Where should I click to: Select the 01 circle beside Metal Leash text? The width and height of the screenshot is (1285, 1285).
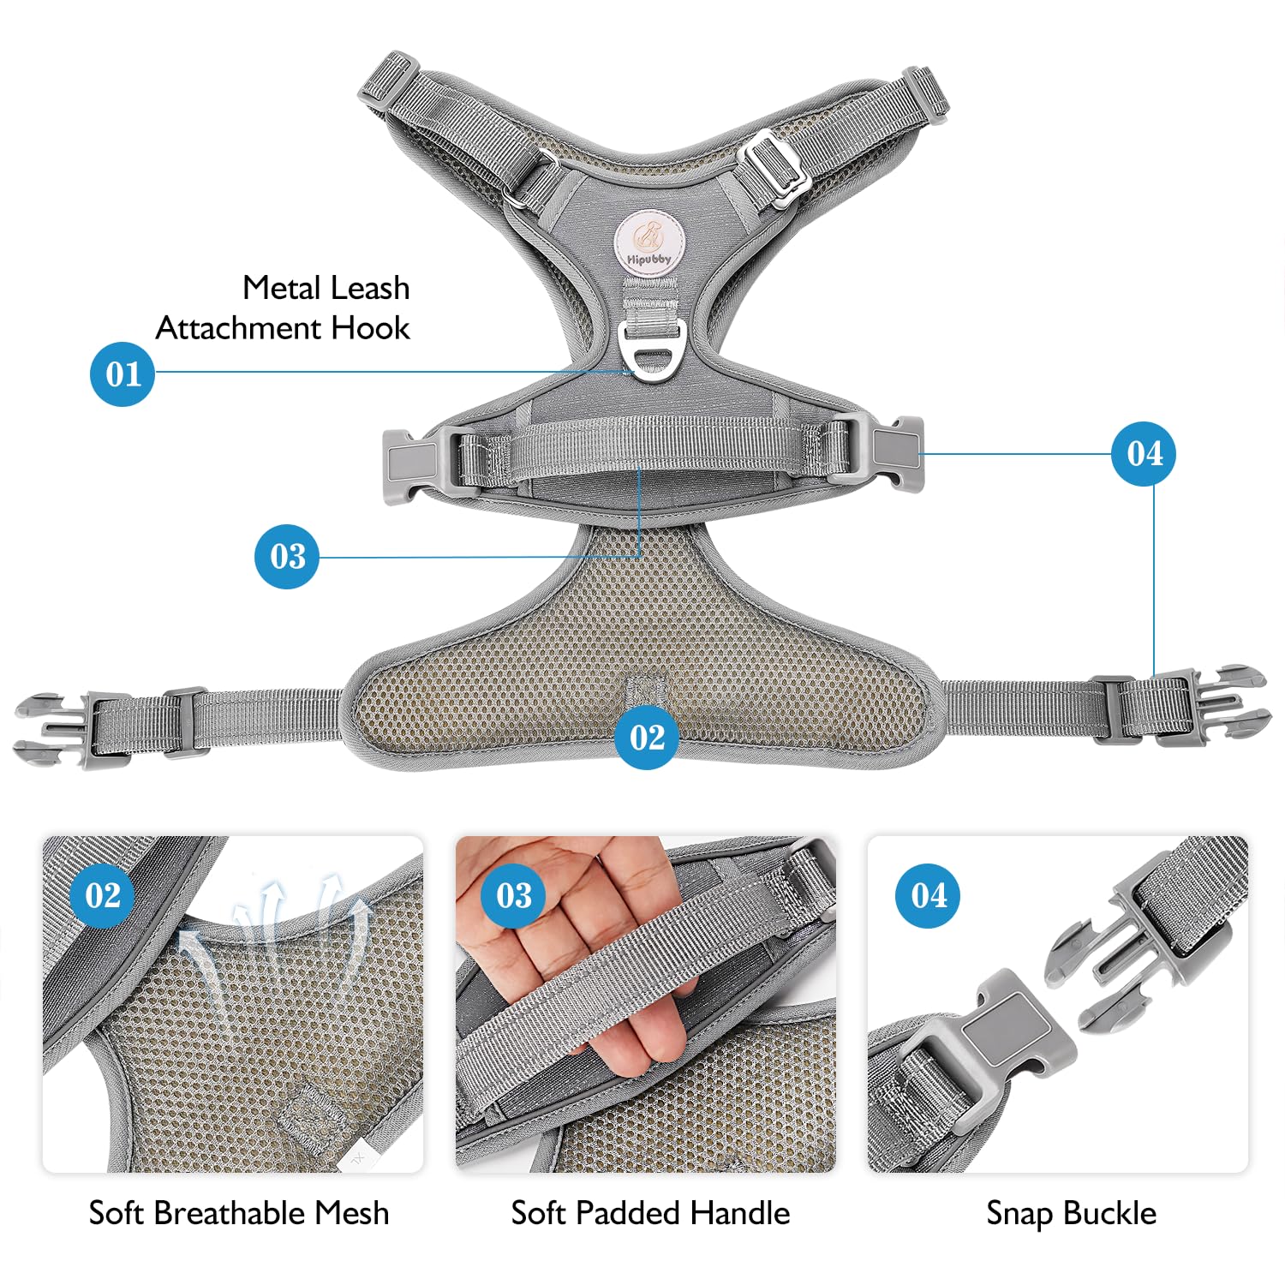click(123, 374)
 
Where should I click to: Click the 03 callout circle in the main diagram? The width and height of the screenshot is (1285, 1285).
click(287, 557)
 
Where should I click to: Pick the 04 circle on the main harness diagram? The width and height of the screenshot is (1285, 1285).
click(1144, 453)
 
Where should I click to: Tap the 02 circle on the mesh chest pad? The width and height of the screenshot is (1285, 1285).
click(647, 737)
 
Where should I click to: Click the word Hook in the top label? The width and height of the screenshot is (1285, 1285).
click(370, 328)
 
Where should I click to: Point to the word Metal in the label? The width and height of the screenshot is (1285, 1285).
click(281, 288)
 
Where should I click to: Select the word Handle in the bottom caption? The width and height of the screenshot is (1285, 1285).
click(740, 1213)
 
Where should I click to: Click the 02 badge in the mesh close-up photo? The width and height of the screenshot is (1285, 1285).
click(103, 895)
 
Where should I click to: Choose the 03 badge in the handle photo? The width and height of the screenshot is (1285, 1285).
click(514, 895)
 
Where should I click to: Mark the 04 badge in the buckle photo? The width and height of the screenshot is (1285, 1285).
click(929, 895)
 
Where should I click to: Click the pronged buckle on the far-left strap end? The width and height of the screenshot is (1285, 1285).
click(60, 730)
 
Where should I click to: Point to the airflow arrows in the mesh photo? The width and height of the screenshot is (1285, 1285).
click(274, 934)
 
